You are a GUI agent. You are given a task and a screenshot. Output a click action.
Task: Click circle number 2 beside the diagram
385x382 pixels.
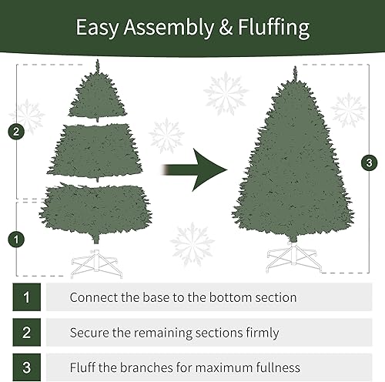[x=15, y=131]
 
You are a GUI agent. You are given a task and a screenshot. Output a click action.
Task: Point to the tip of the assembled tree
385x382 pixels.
[x=293, y=71]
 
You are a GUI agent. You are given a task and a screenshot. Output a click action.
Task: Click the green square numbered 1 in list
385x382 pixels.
[x=27, y=297]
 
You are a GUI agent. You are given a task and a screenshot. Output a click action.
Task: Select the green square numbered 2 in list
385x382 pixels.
[x=27, y=333]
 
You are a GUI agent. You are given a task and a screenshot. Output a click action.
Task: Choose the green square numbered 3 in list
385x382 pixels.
[x=27, y=367]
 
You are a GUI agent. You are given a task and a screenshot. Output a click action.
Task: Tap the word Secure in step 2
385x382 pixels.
[x=89, y=333]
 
